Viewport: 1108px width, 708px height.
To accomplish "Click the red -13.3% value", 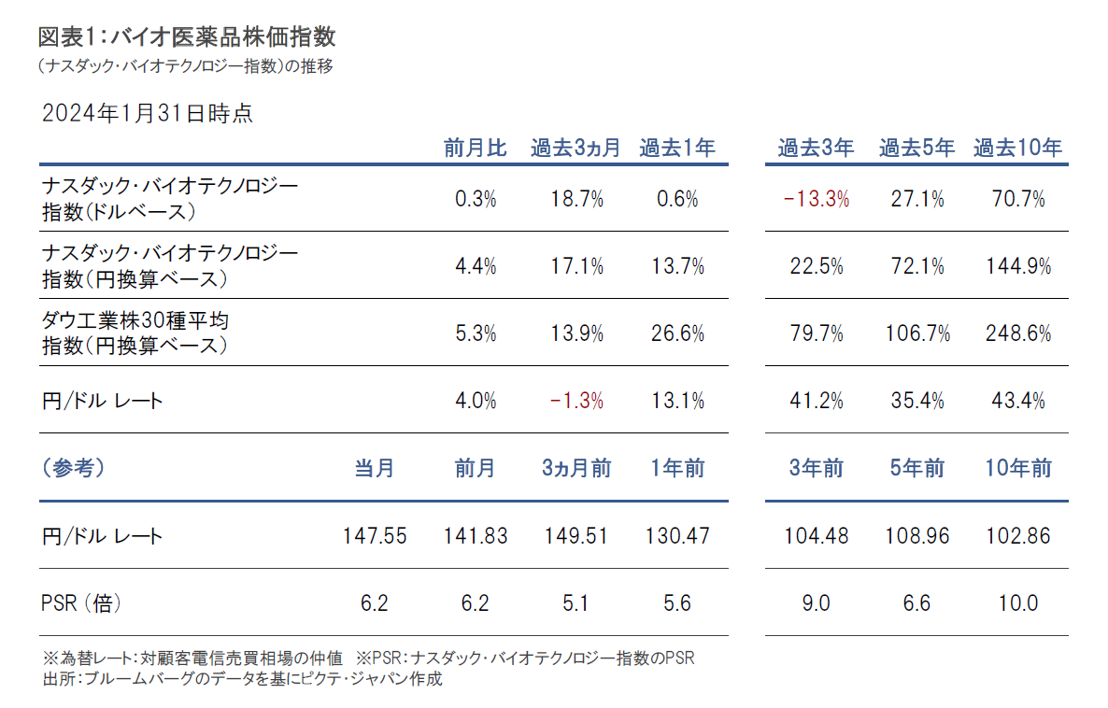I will click(x=816, y=199).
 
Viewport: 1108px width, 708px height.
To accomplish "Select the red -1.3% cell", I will click(x=575, y=401).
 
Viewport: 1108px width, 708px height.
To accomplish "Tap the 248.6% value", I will click(x=1017, y=333).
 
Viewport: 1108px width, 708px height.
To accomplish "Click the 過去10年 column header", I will click(x=1017, y=148).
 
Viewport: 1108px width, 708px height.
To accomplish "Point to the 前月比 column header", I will click(x=475, y=148).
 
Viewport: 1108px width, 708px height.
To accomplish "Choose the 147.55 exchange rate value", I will click(x=374, y=536).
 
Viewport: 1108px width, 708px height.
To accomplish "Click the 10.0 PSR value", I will click(x=1017, y=603).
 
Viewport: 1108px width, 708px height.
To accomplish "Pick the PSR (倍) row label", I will click(x=82, y=603).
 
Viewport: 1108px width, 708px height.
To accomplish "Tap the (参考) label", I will click(x=74, y=468).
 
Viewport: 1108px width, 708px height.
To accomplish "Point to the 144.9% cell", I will click(x=1017, y=266).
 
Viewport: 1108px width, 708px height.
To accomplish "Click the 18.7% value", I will click(x=575, y=199).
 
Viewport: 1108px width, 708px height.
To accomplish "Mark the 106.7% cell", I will click(x=916, y=333).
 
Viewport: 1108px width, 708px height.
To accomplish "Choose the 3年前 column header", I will click(x=816, y=468).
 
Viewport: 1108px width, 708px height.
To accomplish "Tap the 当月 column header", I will click(x=374, y=468).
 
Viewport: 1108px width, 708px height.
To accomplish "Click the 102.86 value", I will click(x=1017, y=536).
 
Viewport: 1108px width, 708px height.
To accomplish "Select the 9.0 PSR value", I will click(x=816, y=603).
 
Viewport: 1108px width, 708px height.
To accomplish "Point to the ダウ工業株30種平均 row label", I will click(x=136, y=321).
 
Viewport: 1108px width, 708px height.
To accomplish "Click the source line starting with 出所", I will click(x=242, y=679).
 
